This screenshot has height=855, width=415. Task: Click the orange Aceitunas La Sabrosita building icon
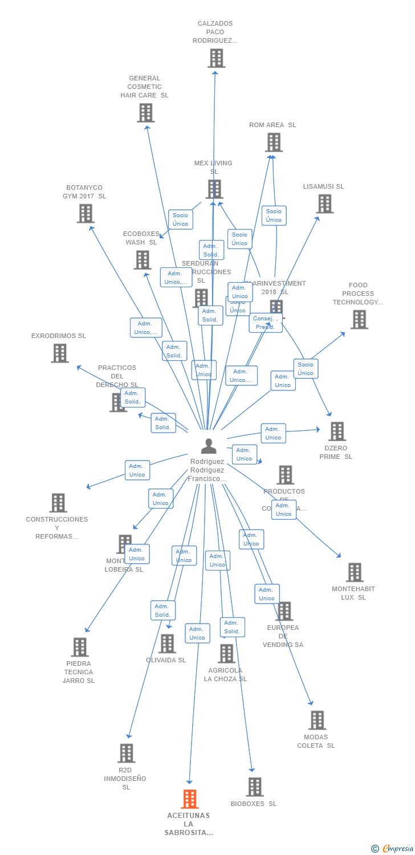pyautogui.click(x=190, y=799)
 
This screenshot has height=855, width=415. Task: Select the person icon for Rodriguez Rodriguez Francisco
pyautogui.click(x=209, y=446)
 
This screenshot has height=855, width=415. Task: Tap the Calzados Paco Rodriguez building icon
pyautogui.click(x=216, y=58)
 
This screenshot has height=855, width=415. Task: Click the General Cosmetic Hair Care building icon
pyautogui.click(x=145, y=113)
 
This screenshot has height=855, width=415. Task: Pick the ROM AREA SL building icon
pyautogui.click(x=274, y=142)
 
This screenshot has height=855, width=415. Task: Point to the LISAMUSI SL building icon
pyautogui.click(x=324, y=203)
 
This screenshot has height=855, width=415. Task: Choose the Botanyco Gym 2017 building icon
pyautogui.click(x=85, y=213)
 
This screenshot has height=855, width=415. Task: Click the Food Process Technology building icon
pyautogui.click(x=359, y=319)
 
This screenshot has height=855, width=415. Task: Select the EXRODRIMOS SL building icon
pyautogui.click(x=59, y=353)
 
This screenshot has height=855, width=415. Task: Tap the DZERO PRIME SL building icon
pyautogui.click(x=336, y=431)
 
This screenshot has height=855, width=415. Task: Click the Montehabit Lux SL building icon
pyautogui.click(x=354, y=572)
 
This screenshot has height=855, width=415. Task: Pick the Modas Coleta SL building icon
pyautogui.click(x=317, y=720)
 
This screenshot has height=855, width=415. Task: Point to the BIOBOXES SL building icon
pyautogui.click(x=254, y=787)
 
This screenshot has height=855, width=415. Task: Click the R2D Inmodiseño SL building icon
pyautogui.click(x=126, y=753)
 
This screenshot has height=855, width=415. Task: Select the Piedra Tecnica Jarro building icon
pyautogui.click(x=79, y=647)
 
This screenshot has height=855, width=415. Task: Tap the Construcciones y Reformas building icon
pyautogui.click(x=58, y=503)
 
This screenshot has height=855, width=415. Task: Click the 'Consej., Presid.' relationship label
pyautogui.click(x=265, y=323)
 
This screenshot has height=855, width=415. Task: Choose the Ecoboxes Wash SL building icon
pyautogui.click(x=142, y=260)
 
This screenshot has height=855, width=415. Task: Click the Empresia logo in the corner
pyautogui.click(x=393, y=848)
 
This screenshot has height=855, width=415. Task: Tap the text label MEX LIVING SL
pyautogui.click(x=213, y=167)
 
